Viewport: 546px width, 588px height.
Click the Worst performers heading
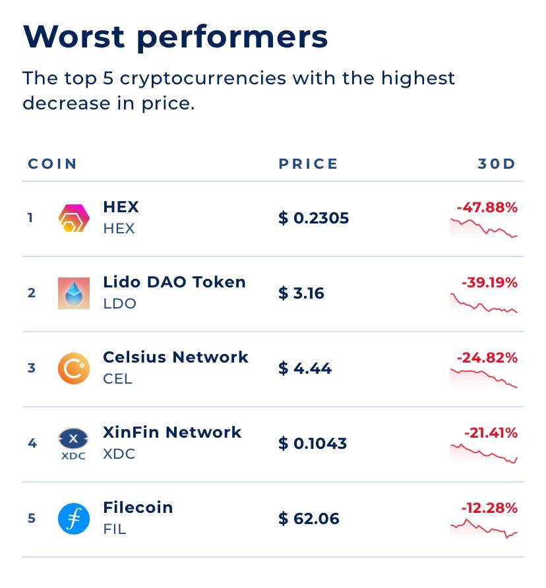pos(175,37)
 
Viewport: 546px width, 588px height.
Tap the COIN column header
pos(53,164)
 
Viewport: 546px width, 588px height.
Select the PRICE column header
pos(308,164)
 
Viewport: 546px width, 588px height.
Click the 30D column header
pos(497,164)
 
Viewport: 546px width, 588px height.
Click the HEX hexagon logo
pos(73,218)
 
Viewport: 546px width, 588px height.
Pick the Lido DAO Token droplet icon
pos(73,293)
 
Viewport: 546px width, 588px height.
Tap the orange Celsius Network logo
pos(73,368)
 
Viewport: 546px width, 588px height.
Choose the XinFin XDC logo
pos(73,443)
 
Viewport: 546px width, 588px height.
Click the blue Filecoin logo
pos(73,518)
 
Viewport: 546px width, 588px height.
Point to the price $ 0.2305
pos(313,218)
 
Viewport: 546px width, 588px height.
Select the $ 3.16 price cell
pos(301,293)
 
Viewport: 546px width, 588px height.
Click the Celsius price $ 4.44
pos(305,368)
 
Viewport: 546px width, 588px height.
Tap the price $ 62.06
pos(309,519)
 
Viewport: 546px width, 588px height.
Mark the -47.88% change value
pos(487,208)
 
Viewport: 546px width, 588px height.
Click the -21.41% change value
pos(490,433)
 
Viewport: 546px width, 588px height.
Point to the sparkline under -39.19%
pos(484,305)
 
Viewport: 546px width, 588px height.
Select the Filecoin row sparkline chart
pos(484,529)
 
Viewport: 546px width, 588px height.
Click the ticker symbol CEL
pos(117,379)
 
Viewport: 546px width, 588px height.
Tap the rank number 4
pos(32,443)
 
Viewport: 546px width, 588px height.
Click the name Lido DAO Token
pos(174,282)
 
